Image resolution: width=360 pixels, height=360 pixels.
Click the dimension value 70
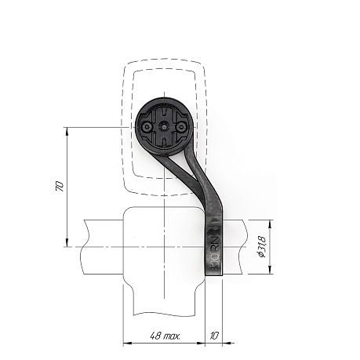60,186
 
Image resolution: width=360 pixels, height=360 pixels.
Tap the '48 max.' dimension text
165,336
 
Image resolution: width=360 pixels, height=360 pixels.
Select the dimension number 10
214,336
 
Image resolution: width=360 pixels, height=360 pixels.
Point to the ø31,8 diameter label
262,247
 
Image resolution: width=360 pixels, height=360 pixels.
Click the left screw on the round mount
147,127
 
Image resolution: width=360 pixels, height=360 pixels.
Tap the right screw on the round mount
180,127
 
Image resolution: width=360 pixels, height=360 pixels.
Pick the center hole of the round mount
164,127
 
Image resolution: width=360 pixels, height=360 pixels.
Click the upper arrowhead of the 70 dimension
67,131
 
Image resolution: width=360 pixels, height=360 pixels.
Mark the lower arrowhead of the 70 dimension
67,242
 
